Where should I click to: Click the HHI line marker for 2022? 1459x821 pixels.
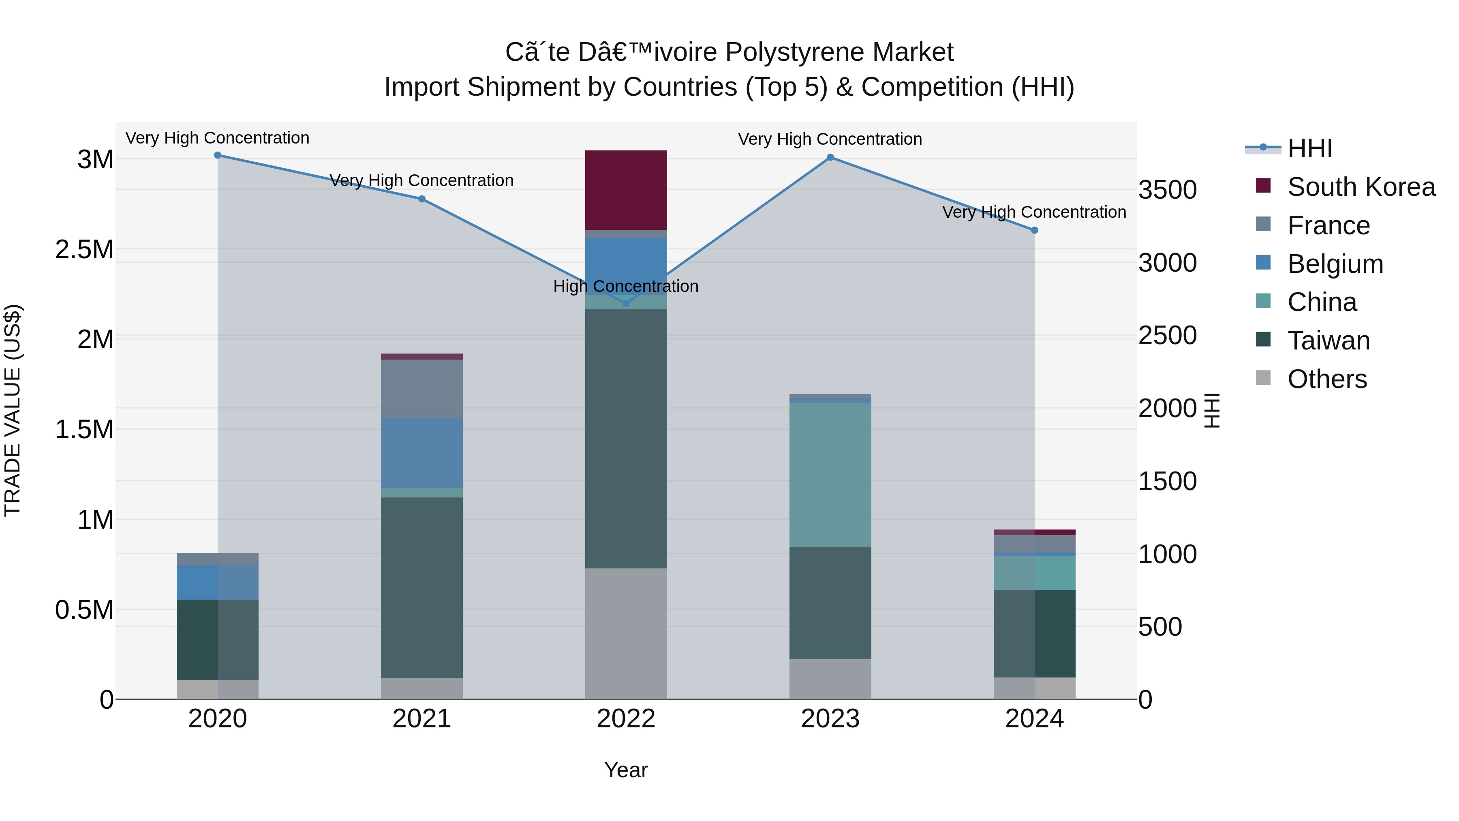[626, 303]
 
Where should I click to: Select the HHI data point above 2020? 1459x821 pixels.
[218, 155]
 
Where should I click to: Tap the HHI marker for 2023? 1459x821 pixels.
[830, 157]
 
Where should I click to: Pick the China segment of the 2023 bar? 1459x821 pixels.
[830, 474]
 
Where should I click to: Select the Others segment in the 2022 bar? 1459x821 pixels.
[626, 633]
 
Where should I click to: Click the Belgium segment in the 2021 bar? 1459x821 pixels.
[421, 453]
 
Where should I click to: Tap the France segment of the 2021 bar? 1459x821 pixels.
[421, 389]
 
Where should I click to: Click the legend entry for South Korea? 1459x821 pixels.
[1361, 187]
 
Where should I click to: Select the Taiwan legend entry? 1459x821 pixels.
[1328, 341]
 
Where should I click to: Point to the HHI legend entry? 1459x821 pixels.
[1309, 148]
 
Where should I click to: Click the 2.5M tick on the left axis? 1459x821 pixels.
[84, 250]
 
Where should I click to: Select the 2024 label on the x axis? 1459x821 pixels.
[1034, 719]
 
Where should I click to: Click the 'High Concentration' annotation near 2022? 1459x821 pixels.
[626, 286]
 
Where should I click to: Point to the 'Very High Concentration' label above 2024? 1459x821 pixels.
[1034, 212]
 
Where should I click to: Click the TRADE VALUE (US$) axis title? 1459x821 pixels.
[13, 410]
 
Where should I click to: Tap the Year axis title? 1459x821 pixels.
[626, 770]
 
